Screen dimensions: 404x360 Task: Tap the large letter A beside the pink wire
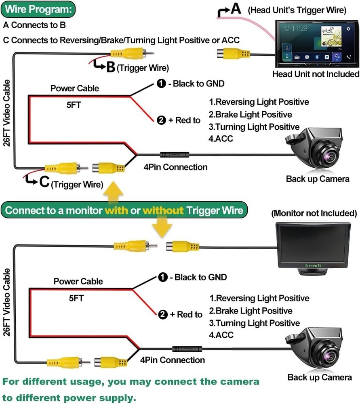pyautogui.click(x=236, y=9)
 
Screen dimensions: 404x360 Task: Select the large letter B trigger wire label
pyautogui.click(x=110, y=67)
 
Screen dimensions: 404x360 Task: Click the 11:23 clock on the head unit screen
pyautogui.click(x=299, y=28)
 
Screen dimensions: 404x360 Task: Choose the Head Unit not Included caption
pyautogui.click(x=315, y=74)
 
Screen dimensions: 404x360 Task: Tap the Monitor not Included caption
pyautogui.click(x=314, y=213)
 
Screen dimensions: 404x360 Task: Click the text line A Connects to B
pyautogui.click(x=34, y=25)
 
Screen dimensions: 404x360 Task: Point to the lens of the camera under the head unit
pyautogui.click(x=326, y=155)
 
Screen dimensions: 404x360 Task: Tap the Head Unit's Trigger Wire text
pyautogui.click(x=297, y=10)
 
